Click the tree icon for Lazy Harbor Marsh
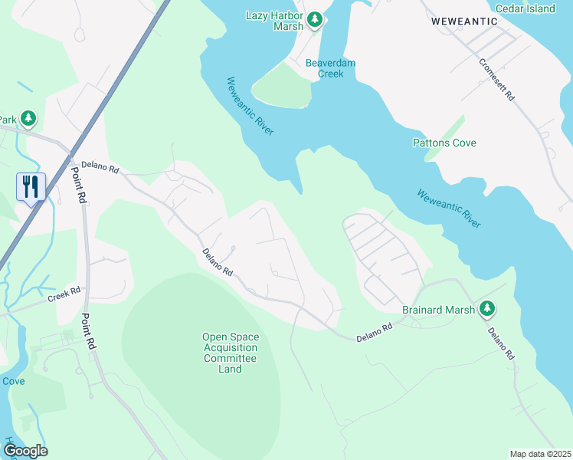coord(314,19)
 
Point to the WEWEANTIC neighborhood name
coord(464,21)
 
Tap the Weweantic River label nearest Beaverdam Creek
coord(250,107)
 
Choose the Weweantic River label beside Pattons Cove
coord(449,208)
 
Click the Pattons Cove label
coord(444,143)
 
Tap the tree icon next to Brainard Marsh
coord(487,310)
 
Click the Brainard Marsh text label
coord(437,310)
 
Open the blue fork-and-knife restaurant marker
coord(31,187)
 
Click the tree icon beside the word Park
coord(28,119)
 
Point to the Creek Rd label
coord(64,294)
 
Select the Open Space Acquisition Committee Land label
coord(231,353)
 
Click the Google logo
coord(25,451)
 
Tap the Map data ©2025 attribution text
coord(540,454)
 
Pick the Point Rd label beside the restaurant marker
coord(81,184)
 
